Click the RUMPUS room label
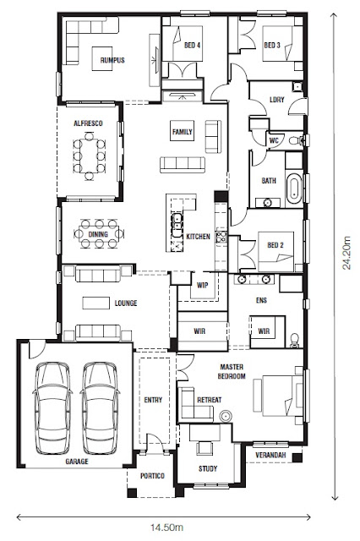[112, 60]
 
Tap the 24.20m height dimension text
[346, 252]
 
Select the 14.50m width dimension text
[166, 527]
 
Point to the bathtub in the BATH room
[294, 189]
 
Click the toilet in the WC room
[296, 140]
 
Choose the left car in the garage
[52, 408]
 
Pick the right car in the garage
[100, 408]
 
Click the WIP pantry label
[203, 286]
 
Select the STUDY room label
[208, 468]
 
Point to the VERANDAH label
[270, 455]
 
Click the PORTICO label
[152, 476]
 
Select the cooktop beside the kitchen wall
[221, 237]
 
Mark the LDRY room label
[277, 100]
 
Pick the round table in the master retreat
[226, 417]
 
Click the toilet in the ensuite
[294, 340]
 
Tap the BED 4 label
[193, 45]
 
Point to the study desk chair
[205, 447]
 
